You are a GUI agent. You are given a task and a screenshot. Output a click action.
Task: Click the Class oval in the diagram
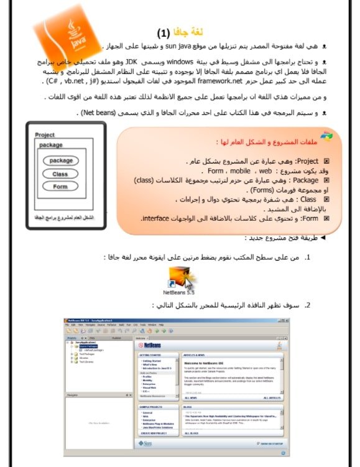pyautogui.click(x=60, y=174)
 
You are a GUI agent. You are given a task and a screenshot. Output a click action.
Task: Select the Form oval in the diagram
pyautogui.click(x=60, y=187)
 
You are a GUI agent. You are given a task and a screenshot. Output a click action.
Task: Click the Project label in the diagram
pyautogui.click(x=45, y=135)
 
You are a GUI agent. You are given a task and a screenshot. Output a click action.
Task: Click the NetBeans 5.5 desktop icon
pyautogui.click(x=179, y=275)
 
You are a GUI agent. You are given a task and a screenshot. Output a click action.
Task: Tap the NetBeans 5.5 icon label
pyautogui.click(x=179, y=290)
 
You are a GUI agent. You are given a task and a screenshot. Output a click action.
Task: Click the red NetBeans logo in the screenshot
pyautogui.click(x=150, y=344)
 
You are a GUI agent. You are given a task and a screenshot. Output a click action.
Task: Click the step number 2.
pyautogui.click(x=307, y=305)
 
